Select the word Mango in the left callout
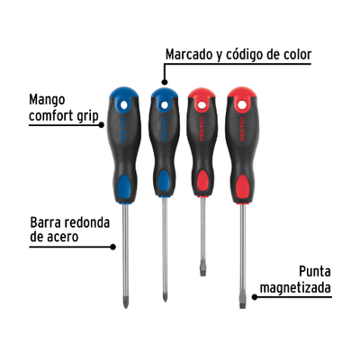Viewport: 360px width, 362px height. click(47, 100)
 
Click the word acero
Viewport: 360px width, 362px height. click(62, 237)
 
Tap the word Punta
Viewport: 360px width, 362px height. click(315, 272)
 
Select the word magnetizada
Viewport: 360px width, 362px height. click(295, 288)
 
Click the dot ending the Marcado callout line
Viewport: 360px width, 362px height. click(164, 82)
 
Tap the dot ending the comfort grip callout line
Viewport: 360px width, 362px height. click(102, 124)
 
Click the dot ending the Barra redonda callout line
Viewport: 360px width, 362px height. click(112, 247)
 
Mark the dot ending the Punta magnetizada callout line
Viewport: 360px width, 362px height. click(255, 297)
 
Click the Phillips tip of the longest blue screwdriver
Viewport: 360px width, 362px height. click(126, 303)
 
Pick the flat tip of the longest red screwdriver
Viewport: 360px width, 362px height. click(243, 303)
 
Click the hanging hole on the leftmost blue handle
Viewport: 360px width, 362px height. click(124, 104)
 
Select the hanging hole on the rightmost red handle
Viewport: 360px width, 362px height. click(241, 104)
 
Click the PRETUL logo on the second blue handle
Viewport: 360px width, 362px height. click(164, 128)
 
